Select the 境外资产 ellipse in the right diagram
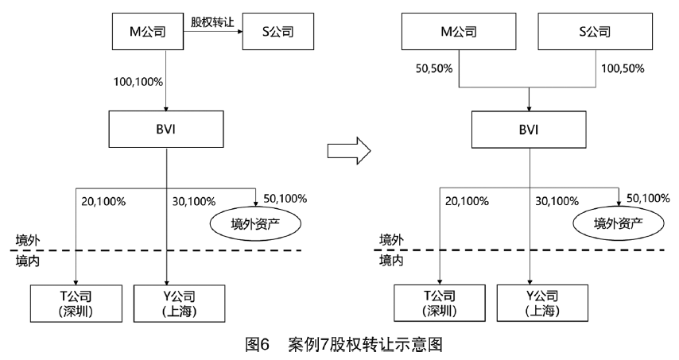point(617,224)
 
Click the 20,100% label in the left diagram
point(104,202)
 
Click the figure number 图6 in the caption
point(259,346)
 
